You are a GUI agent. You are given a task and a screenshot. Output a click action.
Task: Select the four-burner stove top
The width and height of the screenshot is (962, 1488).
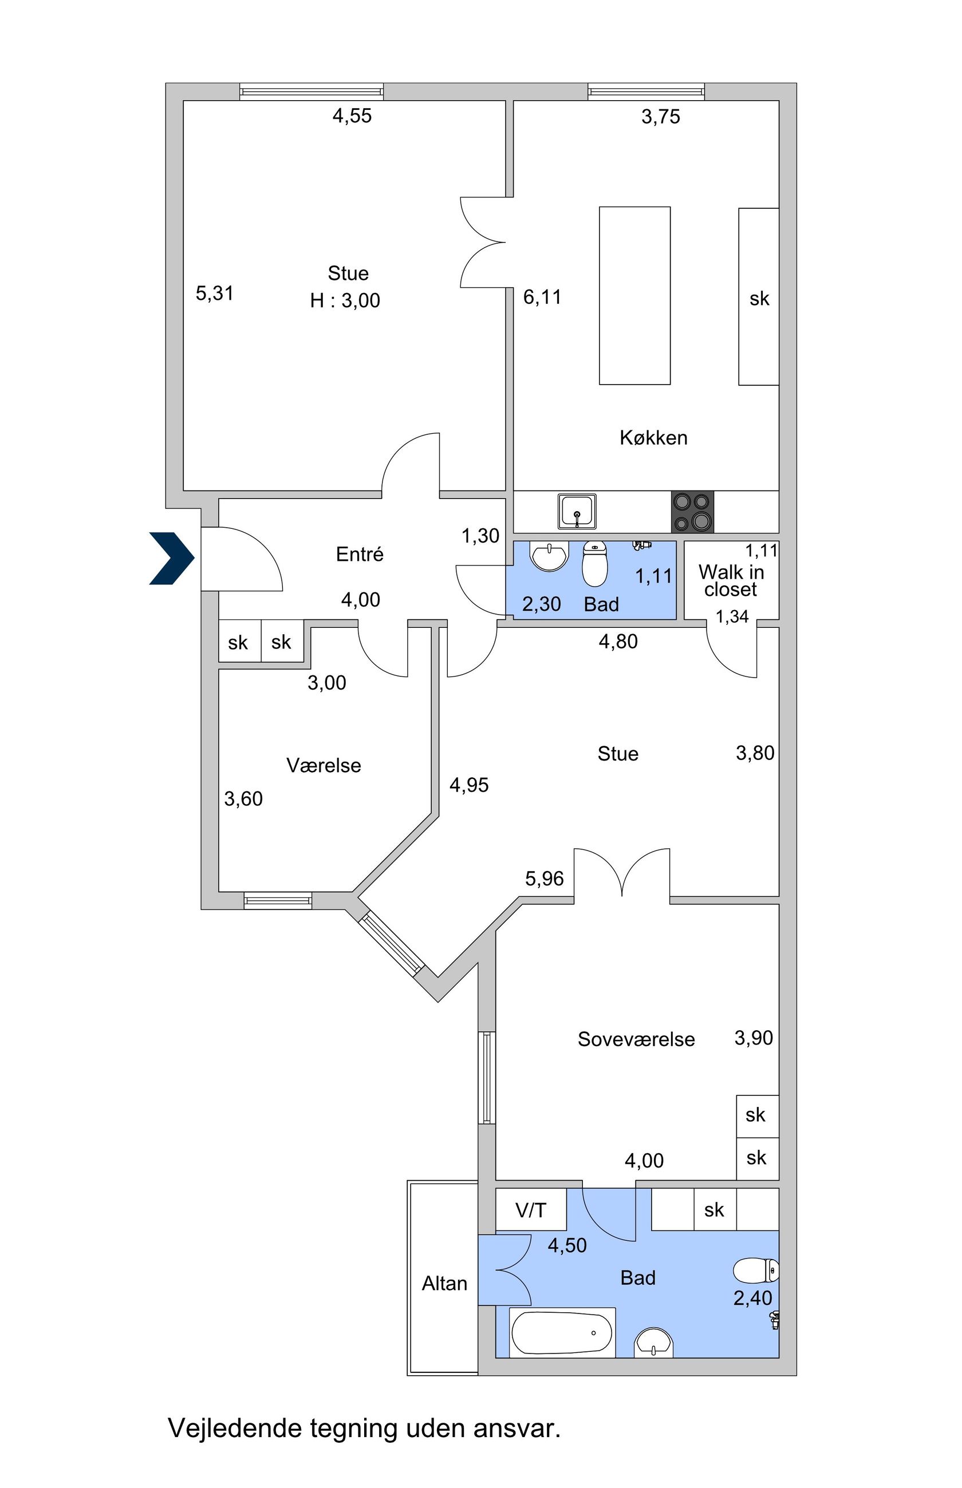pyautogui.click(x=692, y=512)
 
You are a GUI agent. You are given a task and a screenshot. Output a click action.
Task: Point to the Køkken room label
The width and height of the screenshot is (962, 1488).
pyautogui.click(x=653, y=438)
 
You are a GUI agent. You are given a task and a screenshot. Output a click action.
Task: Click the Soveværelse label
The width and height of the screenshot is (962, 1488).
pyautogui.click(x=636, y=1039)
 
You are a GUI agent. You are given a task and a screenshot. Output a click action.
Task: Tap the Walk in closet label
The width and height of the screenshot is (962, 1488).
pyautogui.click(x=731, y=580)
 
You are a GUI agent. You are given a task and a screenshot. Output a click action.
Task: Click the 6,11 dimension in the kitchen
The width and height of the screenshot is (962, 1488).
pyautogui.click(x=542, y=297)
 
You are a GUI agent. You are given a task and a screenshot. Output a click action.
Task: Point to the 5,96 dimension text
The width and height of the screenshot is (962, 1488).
pyautogui.click(x=544, y=879)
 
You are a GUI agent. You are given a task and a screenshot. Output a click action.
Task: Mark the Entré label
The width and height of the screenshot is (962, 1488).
pyautogui.click(x=359, y=554)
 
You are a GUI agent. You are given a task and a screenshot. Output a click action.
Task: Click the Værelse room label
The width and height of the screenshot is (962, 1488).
pyautogui.click(x=324, y=765)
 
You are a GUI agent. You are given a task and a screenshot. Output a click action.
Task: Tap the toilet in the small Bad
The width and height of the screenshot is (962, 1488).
pyautogui.click(x=595, y=564)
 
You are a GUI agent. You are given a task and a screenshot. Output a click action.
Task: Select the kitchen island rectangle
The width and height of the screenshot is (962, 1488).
pyautogui.click(x=634, y=295)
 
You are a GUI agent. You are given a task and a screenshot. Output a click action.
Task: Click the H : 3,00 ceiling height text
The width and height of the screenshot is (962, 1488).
pyautogui.click(x=345, y=301)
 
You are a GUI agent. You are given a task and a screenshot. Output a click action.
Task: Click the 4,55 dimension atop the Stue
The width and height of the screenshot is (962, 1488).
pyautogui.click(x=352, y=116)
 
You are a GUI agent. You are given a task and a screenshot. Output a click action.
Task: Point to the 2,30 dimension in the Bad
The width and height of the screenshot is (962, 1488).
pyautogui.click(x=542, y=604)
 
